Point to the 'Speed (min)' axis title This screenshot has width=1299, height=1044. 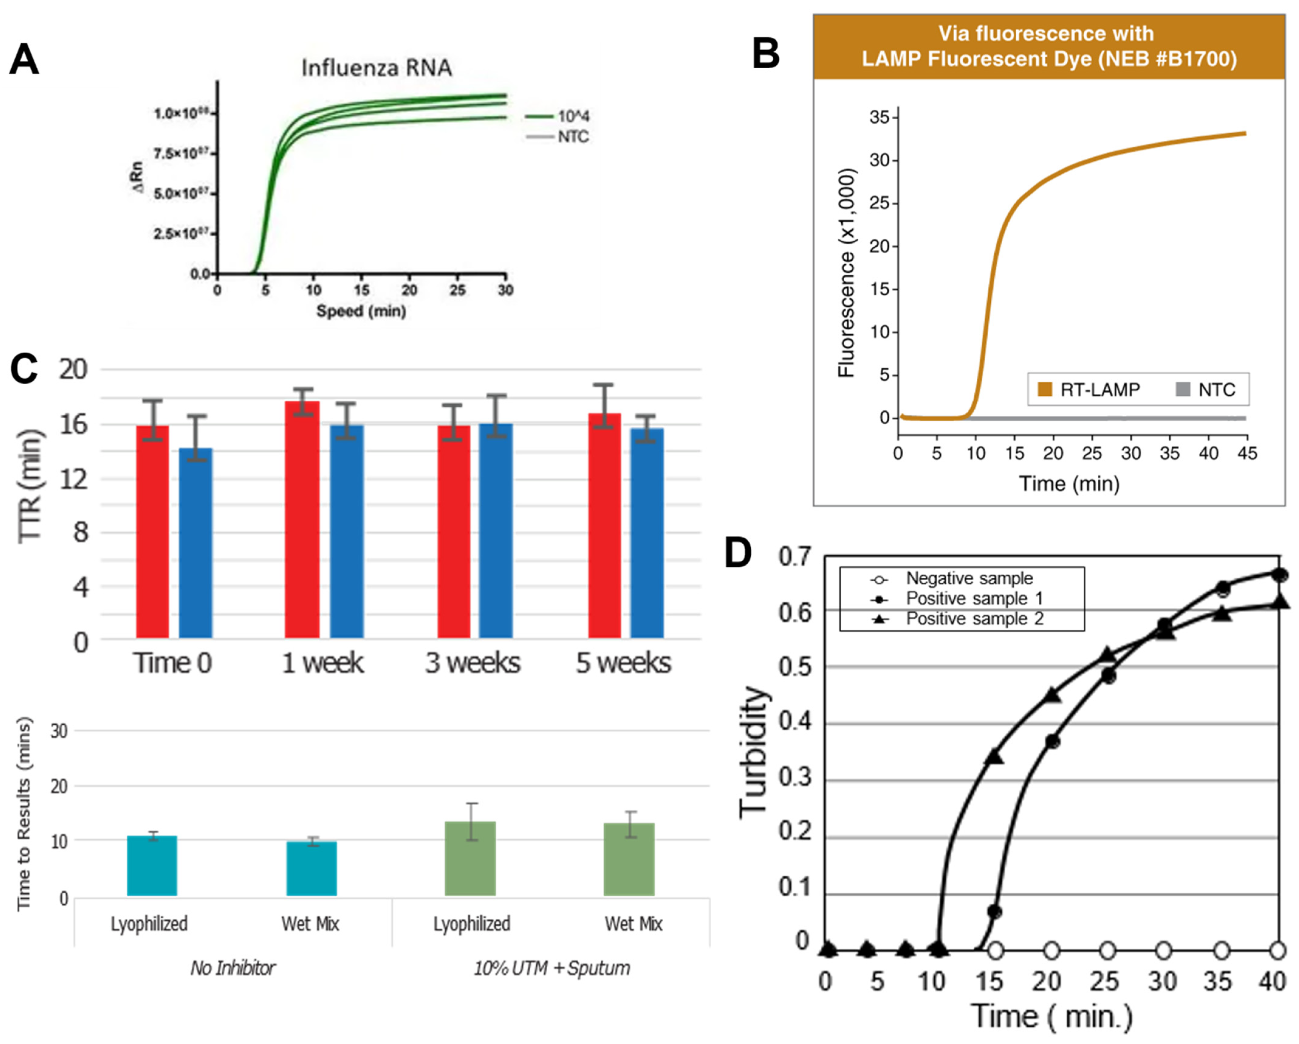tap(361, 311)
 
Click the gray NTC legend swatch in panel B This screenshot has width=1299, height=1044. tap(1183, 390)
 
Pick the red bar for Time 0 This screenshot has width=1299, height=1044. tap(152, 531)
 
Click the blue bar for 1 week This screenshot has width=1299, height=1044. tap(347, 531)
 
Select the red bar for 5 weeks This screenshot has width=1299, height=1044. tap(604, 525)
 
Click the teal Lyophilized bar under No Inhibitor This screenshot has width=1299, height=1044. tap(152, 866)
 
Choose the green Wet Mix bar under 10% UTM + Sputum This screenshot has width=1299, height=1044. tap(629, 860)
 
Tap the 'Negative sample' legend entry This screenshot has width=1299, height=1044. tap(969, 578)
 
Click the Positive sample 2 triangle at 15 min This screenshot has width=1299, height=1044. tap(995, 757)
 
